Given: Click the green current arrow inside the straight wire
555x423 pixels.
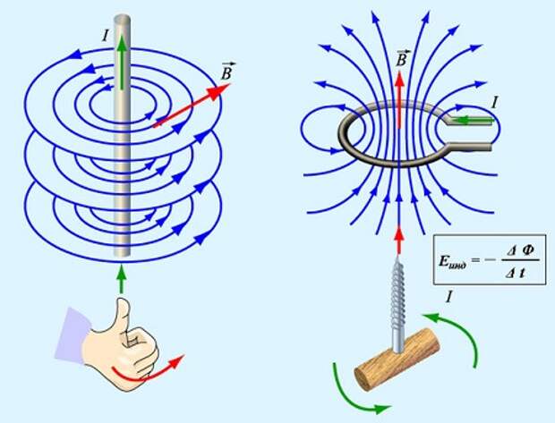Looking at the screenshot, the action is point(122,63).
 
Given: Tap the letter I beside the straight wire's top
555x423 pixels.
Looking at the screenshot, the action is point(105,36).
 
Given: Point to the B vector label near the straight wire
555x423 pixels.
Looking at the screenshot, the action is point(227,72).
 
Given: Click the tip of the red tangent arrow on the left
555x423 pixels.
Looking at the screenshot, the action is point(231,84).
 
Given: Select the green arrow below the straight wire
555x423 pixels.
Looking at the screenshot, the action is point(122,279).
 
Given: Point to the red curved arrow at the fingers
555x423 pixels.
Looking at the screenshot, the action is point(149,372).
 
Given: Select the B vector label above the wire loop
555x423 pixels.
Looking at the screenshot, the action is point(402,57).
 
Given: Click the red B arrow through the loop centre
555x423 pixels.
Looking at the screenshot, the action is point(399,99).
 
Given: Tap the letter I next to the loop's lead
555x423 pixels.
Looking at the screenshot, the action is point(495,103).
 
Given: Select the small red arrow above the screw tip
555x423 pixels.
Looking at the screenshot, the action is point(399,241).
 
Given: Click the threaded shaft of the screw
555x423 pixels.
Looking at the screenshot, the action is point(398,304).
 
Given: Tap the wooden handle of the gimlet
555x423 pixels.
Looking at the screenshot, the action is point(397,360).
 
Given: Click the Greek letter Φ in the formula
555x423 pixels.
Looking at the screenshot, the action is point(528,250).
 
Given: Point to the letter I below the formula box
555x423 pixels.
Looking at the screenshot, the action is point(449,297).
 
